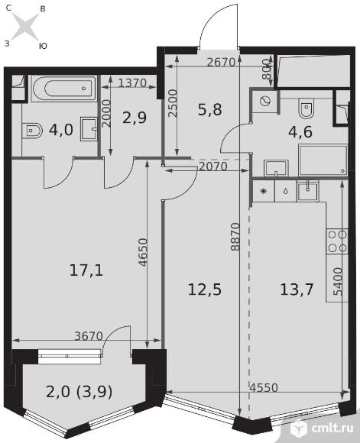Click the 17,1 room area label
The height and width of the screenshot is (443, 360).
[x=86, y=270]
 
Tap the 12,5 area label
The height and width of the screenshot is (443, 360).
[x=205, y=289]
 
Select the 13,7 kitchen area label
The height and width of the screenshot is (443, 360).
[x=297, y=289]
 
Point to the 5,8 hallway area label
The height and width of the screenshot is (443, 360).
[x=210, y=110]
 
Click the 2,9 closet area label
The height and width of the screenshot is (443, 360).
[x=135, y=118]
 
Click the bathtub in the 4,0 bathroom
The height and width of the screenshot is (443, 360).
[x=64, y=88]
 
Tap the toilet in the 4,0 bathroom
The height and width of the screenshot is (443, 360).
[x=34, y=131]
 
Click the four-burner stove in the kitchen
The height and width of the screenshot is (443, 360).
[x=337, y=241]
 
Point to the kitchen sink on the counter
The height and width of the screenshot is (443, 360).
[x=308, y=191]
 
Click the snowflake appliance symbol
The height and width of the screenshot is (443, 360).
[x=264, y=191]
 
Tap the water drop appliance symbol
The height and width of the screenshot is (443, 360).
[x=286, y=192]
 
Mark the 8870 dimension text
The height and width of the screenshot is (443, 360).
[x=235, y=237]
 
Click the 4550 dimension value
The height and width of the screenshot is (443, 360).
[x=264, y=388]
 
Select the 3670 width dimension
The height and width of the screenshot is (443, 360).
[x=89, y=336]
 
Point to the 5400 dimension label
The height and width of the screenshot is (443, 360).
[x=338, y=282]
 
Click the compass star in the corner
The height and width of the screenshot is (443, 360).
[x=25, y=27]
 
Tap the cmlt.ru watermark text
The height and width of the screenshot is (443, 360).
[x=332, y=428]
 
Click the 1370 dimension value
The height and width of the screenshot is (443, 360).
[x=132, y=82]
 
